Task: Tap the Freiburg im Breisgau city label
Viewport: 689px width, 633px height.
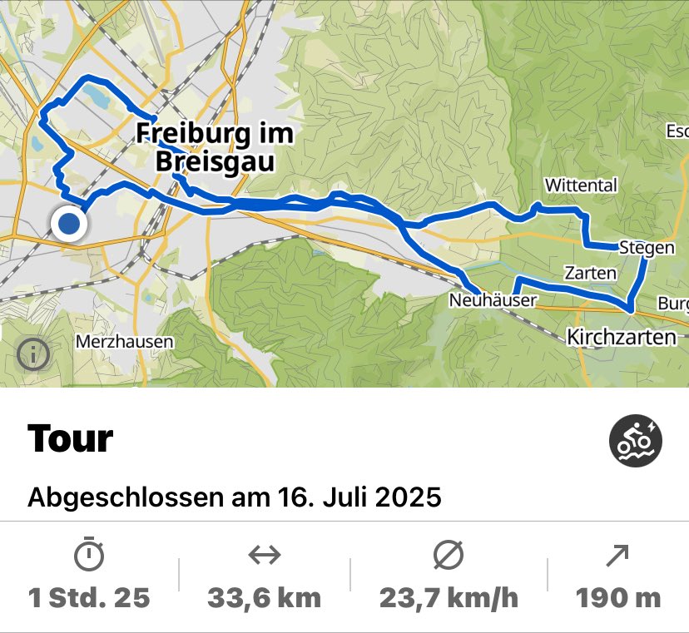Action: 215,146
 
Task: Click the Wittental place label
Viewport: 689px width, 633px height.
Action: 580,185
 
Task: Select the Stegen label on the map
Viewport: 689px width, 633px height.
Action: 647,247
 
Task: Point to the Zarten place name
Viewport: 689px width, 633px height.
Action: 590,273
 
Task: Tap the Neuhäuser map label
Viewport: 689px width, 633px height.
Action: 492,300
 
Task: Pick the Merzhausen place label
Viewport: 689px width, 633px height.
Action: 124,341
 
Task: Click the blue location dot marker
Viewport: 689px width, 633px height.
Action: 69,224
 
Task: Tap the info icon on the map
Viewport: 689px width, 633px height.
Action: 33,355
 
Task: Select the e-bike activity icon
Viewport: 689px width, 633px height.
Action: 636,442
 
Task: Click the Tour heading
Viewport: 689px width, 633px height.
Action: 70,438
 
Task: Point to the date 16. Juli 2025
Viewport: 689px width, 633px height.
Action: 358,497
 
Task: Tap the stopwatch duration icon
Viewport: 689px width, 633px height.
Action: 89,556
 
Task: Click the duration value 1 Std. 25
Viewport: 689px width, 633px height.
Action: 89,597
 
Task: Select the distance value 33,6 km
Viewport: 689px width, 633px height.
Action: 265,597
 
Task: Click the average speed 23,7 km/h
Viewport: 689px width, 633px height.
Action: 449,597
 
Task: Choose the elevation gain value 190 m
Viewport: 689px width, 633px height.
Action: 617,597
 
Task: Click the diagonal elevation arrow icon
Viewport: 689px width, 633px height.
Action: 617,556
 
